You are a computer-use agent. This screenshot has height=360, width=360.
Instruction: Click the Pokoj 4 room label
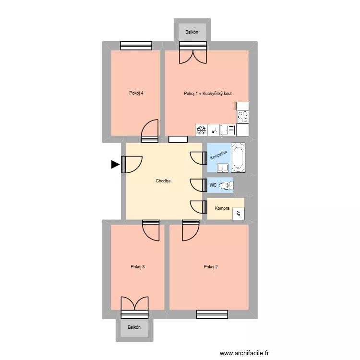(x=136, y=93)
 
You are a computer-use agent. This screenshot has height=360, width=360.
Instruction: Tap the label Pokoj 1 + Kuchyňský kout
(x=208, y=93)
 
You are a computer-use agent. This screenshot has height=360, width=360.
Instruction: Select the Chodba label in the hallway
(x=163, y=181)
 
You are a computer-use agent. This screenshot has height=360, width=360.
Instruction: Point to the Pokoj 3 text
(x=138, y=267)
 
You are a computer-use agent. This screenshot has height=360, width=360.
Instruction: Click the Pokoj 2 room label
(x=211, y=267)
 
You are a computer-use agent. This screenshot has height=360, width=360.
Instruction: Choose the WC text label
(x=213, y=185)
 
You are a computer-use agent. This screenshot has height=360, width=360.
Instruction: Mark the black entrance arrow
(x=115, y=165)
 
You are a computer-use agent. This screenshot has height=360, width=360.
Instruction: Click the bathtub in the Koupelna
(x=238, y=157)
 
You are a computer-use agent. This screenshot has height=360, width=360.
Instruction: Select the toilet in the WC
(x=226, y=185)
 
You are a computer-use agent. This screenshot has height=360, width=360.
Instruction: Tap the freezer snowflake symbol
(x=202, y=130)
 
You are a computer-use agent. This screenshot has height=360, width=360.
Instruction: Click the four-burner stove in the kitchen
(x=243, y=117)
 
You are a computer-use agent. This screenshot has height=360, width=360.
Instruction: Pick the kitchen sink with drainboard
(x=228, y=130)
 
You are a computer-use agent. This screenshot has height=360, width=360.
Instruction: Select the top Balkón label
(x=192, y=33)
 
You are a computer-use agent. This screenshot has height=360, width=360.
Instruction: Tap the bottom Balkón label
(x=134, y=327)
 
